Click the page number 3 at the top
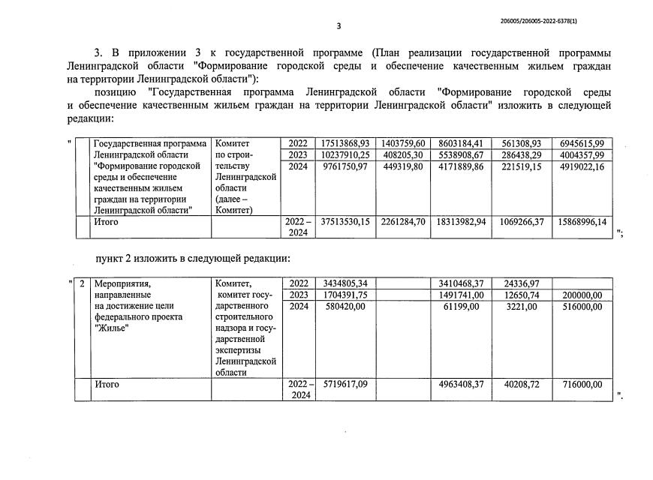[x=339, y=26]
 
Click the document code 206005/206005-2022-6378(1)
[x=539, y=20]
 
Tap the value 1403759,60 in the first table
[x=403, y=143]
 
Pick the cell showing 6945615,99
[x=582, y=143]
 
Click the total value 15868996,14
[x=582, y=222]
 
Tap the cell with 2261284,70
[x=403, y=222]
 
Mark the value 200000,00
[x=582, y=295]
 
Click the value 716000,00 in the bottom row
[x=582, y=385]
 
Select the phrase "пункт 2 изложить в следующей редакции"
[x=192, y=259]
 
